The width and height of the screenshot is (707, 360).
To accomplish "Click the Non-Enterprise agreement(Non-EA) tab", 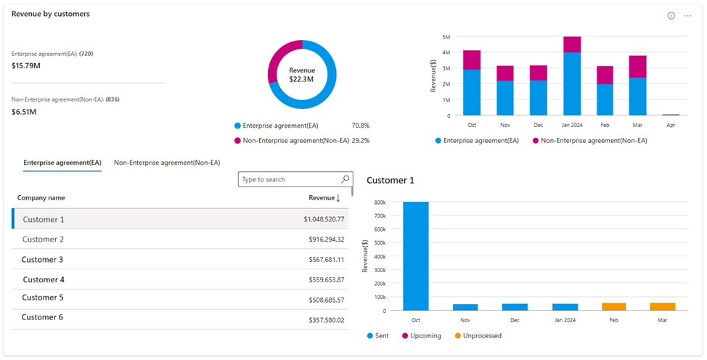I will point(167,163).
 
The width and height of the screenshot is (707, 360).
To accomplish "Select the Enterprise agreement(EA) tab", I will point(62,163).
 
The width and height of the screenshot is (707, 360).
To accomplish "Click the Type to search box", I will point(289,179).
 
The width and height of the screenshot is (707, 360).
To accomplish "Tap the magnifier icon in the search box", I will point(346,179).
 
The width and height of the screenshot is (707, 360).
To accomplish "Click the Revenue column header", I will point(324,197).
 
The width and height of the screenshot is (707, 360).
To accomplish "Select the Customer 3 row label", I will point(42,260).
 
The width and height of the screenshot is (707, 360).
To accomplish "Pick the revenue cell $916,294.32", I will point(324,240).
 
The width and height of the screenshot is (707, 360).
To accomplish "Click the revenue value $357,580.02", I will point(324,320).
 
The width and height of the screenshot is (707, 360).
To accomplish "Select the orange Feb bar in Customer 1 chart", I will point(614,307).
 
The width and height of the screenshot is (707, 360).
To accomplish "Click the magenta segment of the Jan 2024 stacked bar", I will point(572,44).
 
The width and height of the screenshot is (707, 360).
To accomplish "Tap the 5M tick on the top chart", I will point(446,36).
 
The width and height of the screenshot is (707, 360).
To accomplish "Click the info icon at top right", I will point(671,15).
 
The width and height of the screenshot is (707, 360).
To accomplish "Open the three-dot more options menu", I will point(687,15).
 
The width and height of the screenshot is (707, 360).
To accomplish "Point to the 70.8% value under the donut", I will point(361,126).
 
